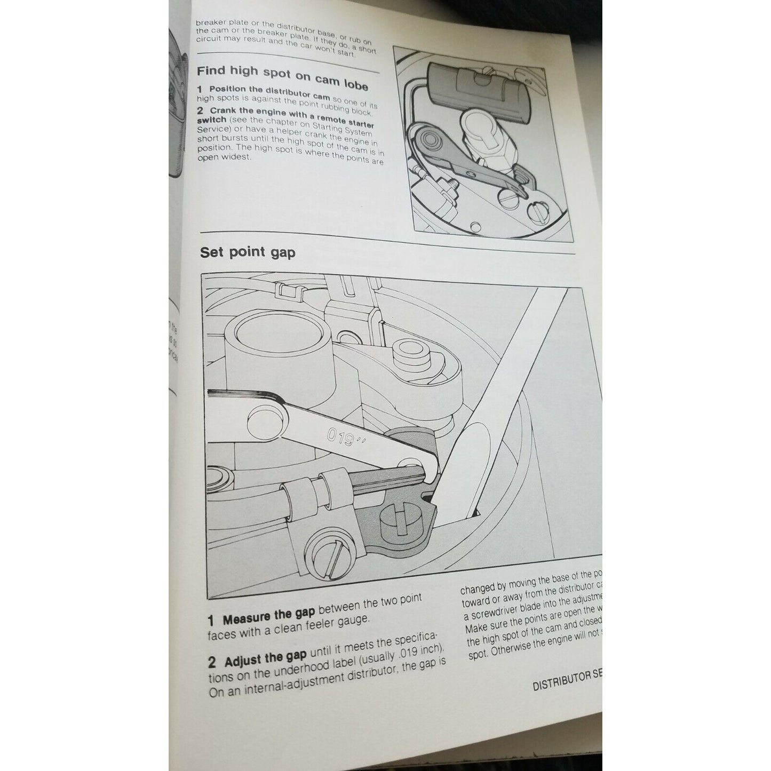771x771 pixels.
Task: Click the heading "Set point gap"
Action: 247,252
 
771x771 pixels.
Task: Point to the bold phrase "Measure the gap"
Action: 268,617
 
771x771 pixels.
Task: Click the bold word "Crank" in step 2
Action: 224,110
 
